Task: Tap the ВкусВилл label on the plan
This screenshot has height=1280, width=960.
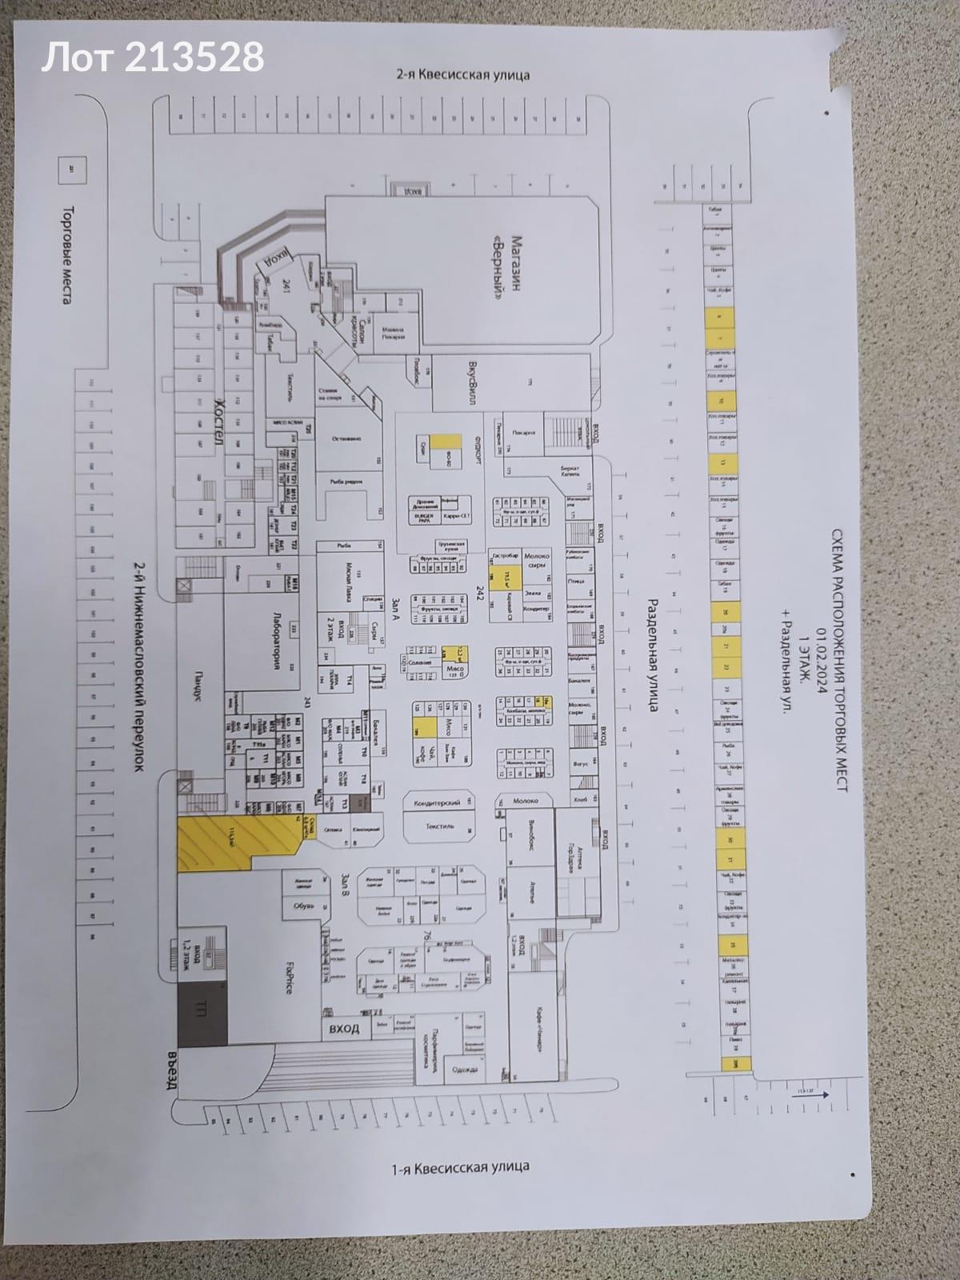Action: tap(472, 376)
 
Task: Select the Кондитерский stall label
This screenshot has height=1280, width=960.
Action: tap(435, 802)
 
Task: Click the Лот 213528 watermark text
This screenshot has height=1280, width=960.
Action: tap(152, 58)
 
